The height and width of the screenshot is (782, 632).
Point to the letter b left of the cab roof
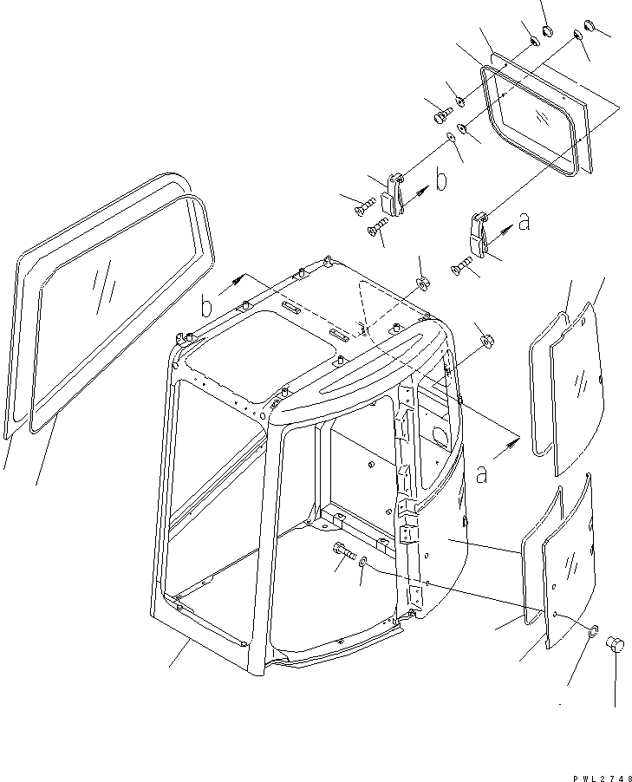click(206, 306)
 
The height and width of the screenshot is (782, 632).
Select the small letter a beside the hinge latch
click(523, 223)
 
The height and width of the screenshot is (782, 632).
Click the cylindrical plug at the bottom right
click(617, 642)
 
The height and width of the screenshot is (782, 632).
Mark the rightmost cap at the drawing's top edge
click(590, 26)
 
